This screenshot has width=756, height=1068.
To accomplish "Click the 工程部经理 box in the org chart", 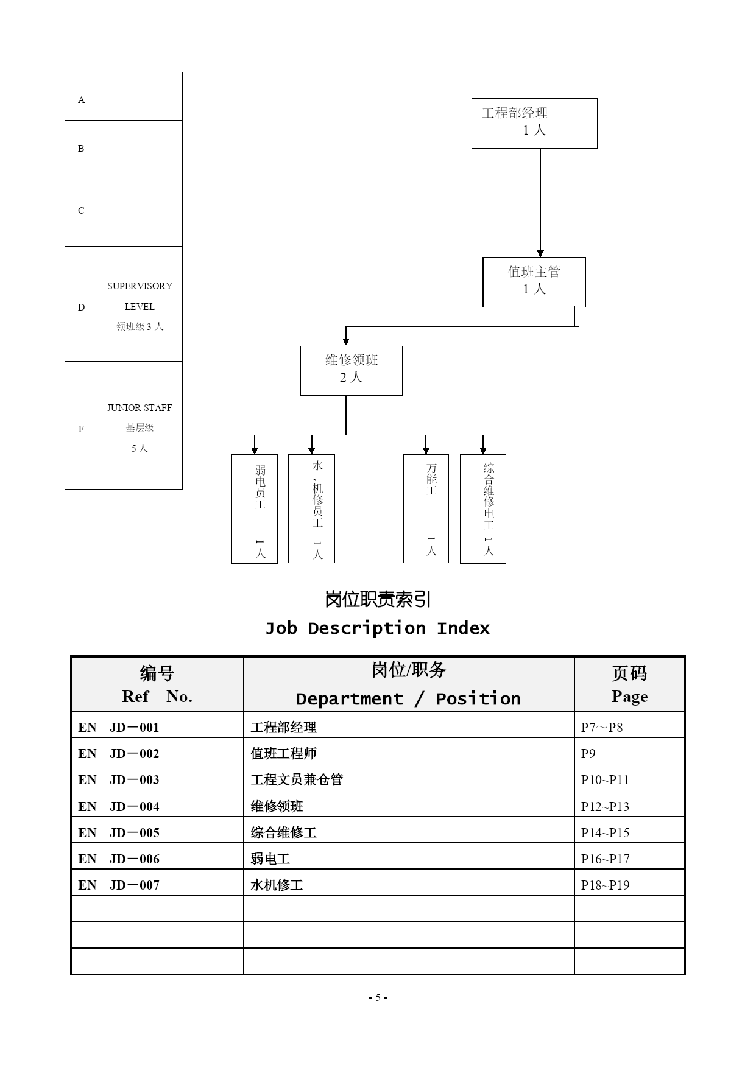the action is click(534, 123).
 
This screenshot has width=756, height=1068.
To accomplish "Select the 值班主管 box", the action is click(534, 282).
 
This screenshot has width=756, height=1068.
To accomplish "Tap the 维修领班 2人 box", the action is click(352, 371).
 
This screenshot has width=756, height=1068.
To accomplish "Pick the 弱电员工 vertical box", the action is click(255, 509).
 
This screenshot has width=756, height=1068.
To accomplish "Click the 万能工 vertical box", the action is click(426, 509).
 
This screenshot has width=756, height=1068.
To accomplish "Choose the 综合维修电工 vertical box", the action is click(483, 509).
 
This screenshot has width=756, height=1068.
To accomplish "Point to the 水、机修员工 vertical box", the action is click(311, 509).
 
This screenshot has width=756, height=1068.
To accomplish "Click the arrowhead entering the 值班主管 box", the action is click(540, 253).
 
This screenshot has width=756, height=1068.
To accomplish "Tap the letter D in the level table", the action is click(81, 307).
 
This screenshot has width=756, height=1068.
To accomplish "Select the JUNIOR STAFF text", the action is click(140, 407).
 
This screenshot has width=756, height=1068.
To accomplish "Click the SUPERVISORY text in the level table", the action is click(140, 286).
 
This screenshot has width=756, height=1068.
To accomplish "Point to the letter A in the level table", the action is click(81, 100).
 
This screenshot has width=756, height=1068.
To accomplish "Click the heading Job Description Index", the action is click(378, 628).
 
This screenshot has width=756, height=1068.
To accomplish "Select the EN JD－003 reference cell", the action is click(119, 779).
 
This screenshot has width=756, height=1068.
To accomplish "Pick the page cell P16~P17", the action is click(605, 859).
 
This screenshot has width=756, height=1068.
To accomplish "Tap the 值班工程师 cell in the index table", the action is click(283, 753).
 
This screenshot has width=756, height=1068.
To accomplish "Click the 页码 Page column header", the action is click(630, 684).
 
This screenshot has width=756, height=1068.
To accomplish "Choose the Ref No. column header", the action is click(157, 684).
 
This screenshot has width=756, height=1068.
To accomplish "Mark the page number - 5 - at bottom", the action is click(378, 997).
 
